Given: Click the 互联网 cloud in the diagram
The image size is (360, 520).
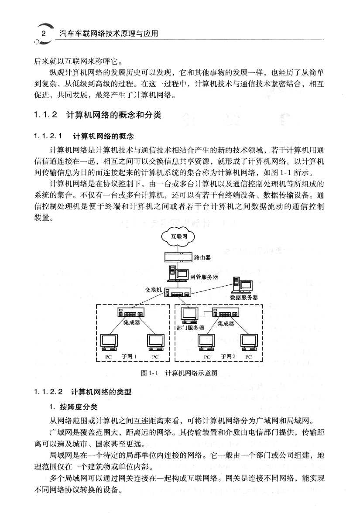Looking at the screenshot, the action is [x=178, y=236].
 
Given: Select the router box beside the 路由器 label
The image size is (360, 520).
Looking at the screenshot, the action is [x=178, y=257].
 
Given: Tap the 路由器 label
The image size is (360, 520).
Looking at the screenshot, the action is [x=202, y=257].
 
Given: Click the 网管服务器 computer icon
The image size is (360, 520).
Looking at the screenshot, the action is [x=178, y=274].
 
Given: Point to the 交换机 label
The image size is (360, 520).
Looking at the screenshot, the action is [x=153, y=290].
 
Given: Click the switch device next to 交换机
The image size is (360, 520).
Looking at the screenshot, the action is [x=178, y=292].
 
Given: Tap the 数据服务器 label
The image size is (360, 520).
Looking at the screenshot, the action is [x=244, y=298].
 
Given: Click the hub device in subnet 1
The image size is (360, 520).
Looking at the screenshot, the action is [x=131, y=312].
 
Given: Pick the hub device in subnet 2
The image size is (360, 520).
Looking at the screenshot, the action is [x=225, y=312].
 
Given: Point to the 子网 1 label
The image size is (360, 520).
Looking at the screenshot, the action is [x=129, y=356].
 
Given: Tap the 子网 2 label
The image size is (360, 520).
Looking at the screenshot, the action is [x=228, y=356].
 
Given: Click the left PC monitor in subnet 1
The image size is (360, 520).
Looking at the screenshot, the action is [x=109, y=342].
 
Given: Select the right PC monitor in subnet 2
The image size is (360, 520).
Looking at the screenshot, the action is [x=249, y=342].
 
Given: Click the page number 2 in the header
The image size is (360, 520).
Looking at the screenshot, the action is [x=44, y=34].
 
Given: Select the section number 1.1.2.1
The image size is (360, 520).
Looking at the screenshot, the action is [x=48, y=136].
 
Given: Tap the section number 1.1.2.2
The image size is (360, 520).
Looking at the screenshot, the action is [x=48, y=392].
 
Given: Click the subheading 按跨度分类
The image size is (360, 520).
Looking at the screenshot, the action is [x=78, y=407].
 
